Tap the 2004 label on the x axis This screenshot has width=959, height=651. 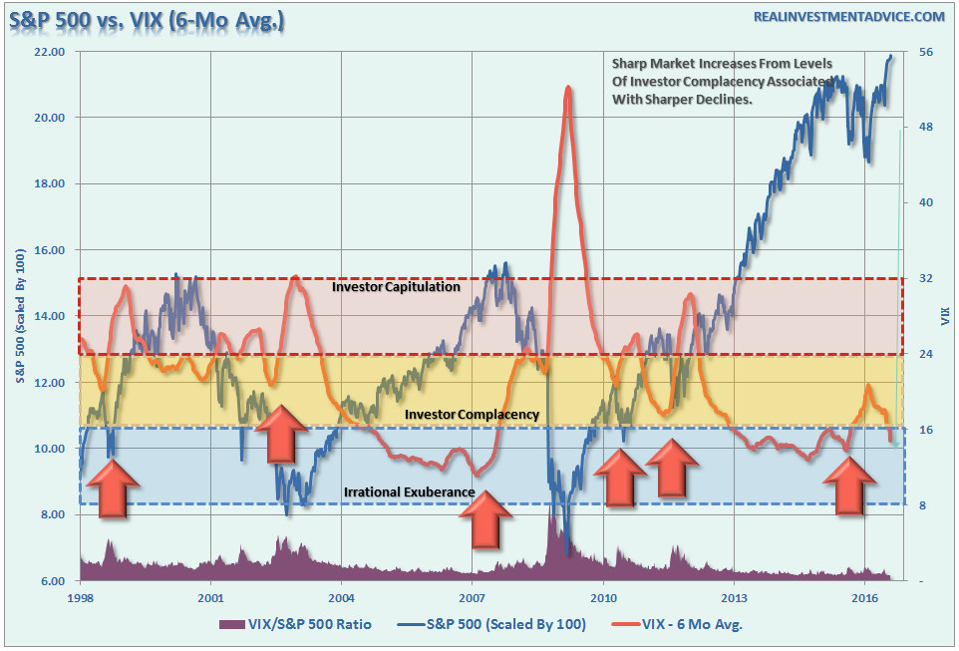341,598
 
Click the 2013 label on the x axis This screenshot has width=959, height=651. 734,598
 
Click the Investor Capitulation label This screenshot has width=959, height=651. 396,287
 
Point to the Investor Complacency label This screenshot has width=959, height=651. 472,414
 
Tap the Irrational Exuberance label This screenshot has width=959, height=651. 409,492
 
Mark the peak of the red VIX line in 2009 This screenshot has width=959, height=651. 568,87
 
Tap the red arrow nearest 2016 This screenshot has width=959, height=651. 849,488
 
